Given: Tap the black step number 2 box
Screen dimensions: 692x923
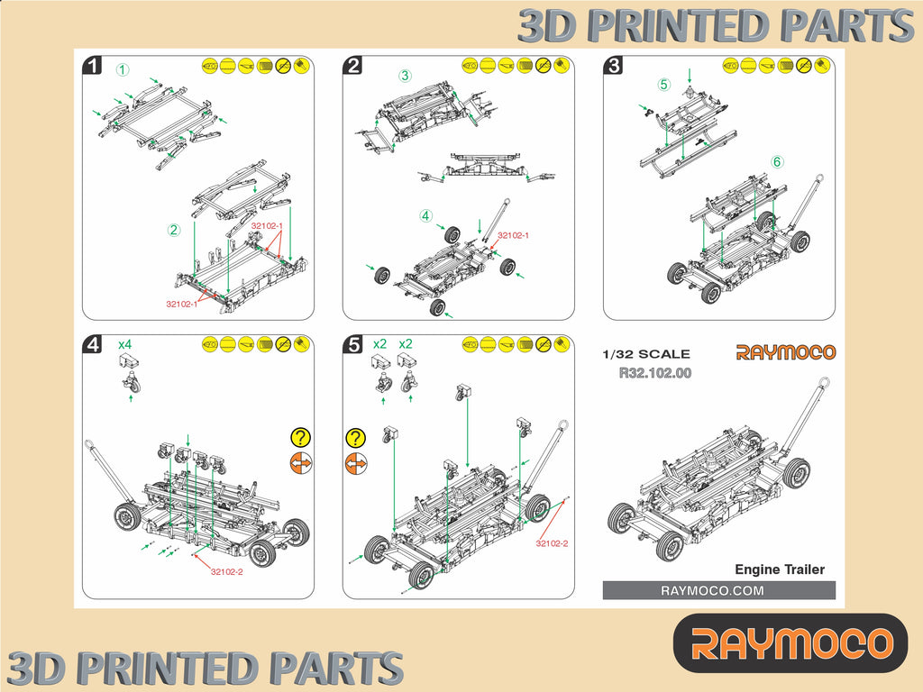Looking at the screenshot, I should point(353,65).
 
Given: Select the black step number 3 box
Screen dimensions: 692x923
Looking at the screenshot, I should point(614,65).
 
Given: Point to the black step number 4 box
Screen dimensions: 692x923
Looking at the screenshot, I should point(92,344).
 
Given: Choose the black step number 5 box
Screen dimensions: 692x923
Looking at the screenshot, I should point(353,344).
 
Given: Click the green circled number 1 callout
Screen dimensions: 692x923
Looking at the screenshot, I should point(123,69).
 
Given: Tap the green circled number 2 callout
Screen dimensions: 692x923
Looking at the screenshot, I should point(174,230).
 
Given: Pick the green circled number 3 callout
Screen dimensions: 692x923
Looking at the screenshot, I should point(406,77).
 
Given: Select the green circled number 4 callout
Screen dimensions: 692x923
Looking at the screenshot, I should point(425,216).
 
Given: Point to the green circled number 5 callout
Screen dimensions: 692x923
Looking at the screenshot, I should point(664,86).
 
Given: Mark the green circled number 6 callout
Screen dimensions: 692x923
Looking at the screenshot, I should point(776,162).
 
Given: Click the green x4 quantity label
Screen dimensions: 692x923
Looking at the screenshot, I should point(126,344).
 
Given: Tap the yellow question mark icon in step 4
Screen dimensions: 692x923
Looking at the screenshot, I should point(300,438).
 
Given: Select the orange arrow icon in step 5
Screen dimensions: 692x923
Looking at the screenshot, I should point(356,463).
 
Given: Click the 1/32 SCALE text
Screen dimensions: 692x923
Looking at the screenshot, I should point(646,354).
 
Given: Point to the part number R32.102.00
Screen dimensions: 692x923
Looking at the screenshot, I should point(655,372).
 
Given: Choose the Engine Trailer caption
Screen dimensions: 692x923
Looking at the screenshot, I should point(780,569).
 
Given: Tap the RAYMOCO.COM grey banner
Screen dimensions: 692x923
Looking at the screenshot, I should point(718,590).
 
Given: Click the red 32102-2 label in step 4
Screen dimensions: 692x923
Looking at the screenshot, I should point(226,571).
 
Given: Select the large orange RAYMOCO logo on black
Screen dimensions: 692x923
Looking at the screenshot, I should point(790,643).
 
